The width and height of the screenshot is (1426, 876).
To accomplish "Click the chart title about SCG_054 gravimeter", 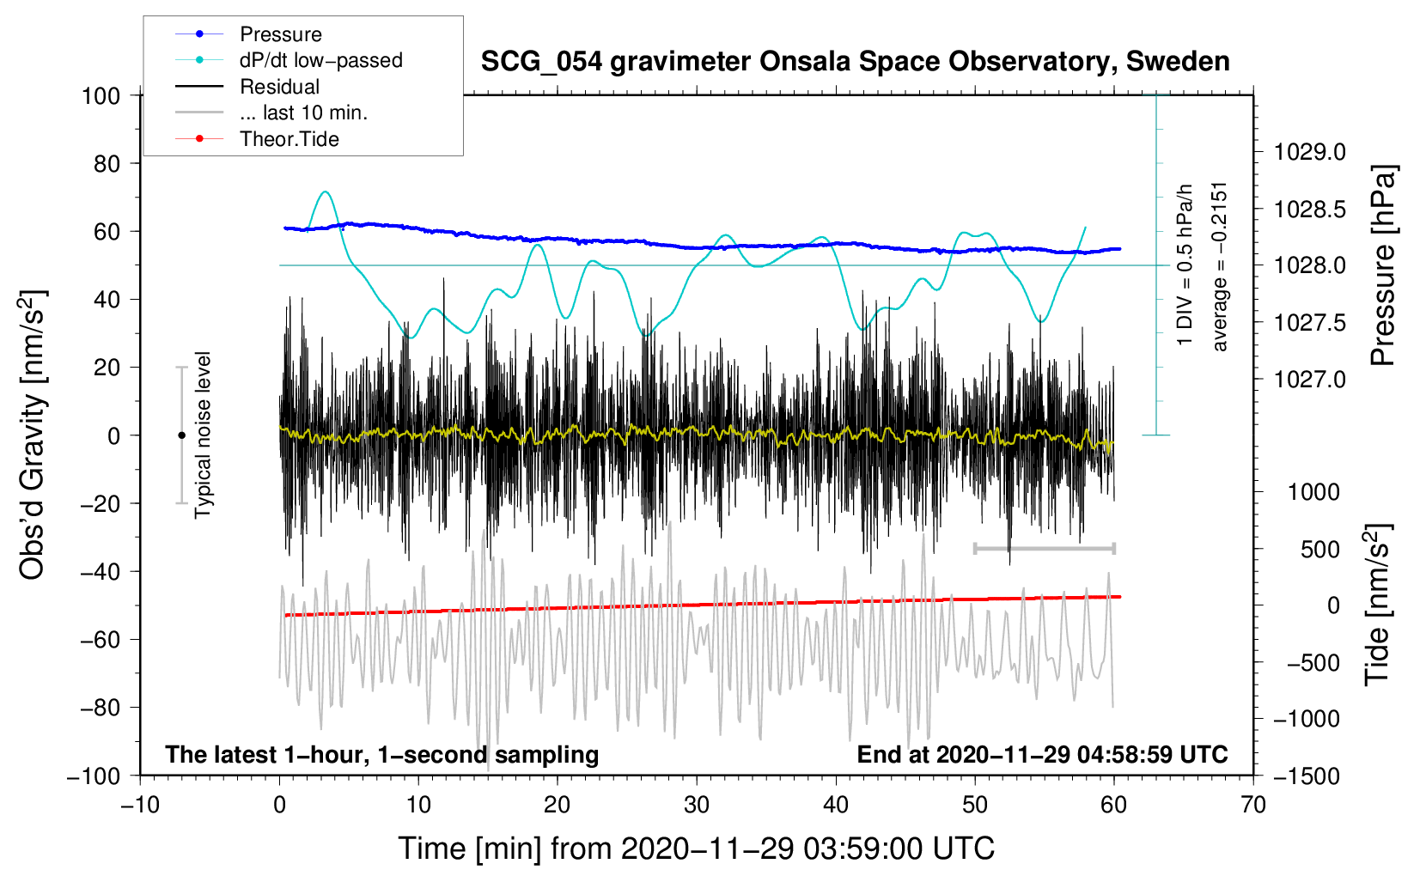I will [x=855, y=62].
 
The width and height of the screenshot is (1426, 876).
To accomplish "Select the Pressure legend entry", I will [x=280, y=34].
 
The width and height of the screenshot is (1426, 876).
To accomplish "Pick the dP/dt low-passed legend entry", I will [x=320, y=60].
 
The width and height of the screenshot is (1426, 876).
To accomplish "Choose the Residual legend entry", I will [x=279, y=87].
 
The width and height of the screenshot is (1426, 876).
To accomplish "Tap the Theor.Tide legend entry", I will [x=289, y=139].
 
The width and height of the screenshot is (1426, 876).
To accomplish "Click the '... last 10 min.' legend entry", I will [x=303, y=113].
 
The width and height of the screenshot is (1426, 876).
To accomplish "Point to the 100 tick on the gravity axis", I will [x=101, y=95].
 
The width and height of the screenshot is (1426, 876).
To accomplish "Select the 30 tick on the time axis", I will [x=697, y=805].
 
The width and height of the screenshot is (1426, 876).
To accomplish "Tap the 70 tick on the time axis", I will [x=1253, y=805].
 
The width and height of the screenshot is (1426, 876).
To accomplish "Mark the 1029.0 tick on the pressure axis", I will [x=1310, y=152].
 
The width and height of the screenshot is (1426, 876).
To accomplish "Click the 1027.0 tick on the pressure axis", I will [x=1310, y=379].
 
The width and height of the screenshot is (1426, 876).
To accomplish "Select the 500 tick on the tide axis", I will [x=1320, y=549].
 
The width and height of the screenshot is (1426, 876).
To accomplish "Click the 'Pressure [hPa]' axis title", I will [x=1383, y=266].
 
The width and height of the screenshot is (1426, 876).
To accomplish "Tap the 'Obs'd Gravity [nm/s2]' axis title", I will [x=32, y=435].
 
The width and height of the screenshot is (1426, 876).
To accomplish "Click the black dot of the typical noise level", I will [x=181, y=435].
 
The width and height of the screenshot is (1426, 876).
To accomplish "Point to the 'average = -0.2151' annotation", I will [x=1220, y=266].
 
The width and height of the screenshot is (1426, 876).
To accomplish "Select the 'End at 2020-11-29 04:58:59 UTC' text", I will [x=1042, y=754].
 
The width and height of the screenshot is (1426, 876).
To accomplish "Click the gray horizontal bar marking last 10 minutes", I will [x=1044, y=548].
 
